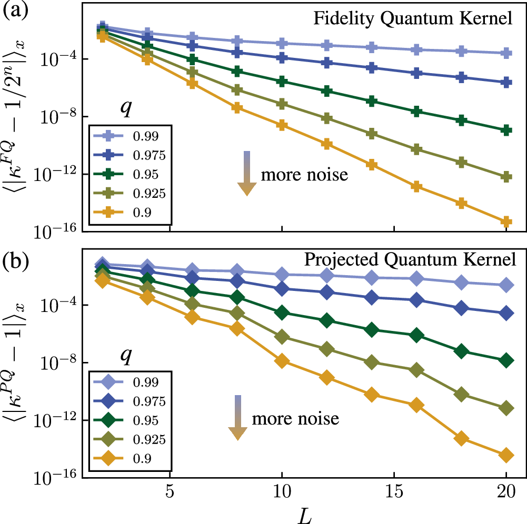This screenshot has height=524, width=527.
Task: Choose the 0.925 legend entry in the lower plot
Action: click(x=140, y=440)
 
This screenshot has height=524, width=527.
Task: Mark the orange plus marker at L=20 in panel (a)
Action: click(x=506, y=221)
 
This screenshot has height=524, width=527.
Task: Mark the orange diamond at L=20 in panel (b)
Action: click(x=506, y=456)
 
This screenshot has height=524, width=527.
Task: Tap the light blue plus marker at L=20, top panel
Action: click(x=506, y=53)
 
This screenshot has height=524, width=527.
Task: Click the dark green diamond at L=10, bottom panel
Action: click(x=282, y=313)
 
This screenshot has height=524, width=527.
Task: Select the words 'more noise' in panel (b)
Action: click(x=295, y=419)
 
